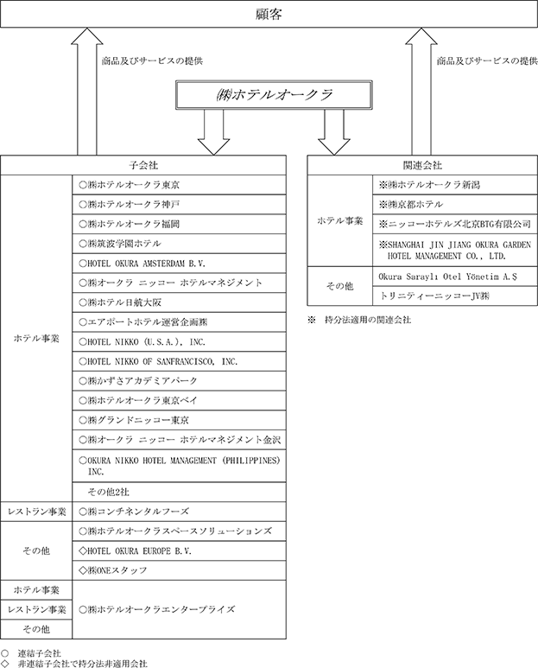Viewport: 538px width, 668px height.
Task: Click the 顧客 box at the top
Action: (x=269, y=14)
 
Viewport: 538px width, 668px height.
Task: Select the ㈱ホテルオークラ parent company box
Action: (x=274, y=94)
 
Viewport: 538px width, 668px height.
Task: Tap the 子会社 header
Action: (x=143, y=165)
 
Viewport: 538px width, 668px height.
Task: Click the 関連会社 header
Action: (x=422, y=165)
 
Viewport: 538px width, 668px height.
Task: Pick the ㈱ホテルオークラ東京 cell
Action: (x=179, y=185)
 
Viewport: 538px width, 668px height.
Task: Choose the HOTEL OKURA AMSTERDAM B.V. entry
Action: (x=179, y=264)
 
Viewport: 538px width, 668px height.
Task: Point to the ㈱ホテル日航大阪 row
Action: (x=179, y=302)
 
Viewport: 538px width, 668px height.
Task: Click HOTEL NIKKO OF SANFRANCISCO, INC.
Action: (x=179, y=361)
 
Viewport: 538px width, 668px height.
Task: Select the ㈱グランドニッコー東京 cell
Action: (x=179, y=420)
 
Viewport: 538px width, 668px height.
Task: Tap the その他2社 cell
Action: (x=179, y=492)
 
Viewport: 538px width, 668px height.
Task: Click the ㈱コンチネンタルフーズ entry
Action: (x=179, y=512)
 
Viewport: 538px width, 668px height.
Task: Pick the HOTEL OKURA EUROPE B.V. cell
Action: (x=179, y=550)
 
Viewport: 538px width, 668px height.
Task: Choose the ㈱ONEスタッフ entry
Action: (x=179, y=570)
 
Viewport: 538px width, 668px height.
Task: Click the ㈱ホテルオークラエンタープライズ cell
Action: (x=179, y=609)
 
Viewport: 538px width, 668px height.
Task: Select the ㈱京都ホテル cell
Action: (x=455, y=205)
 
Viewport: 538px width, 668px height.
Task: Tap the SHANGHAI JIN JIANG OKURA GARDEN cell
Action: (x=455, y=250)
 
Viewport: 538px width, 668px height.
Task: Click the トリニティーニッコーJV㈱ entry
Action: (x=455, y=296)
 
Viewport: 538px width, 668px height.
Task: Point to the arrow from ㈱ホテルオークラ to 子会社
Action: (x=213, y=132)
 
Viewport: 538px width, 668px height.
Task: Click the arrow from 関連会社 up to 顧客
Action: (x=421, y=91)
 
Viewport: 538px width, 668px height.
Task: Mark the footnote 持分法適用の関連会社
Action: (x=368, y=320)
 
